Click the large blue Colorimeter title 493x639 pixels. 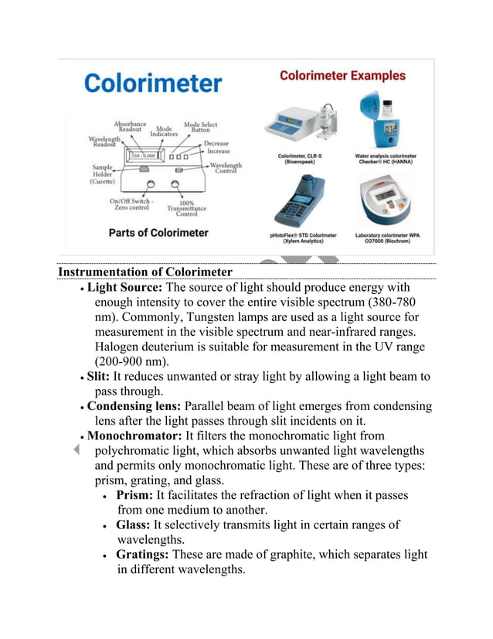[153, 84]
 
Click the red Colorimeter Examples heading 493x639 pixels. [342, 76]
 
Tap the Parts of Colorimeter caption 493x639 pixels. [158, 232]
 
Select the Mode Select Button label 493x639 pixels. [200, 127]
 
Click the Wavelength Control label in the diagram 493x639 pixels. [226, 168]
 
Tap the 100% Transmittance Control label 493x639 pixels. [186, 209]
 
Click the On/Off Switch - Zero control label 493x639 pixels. [131, 205]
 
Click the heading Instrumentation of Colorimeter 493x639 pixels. [145, 272]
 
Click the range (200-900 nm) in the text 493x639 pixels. [131, 361]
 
